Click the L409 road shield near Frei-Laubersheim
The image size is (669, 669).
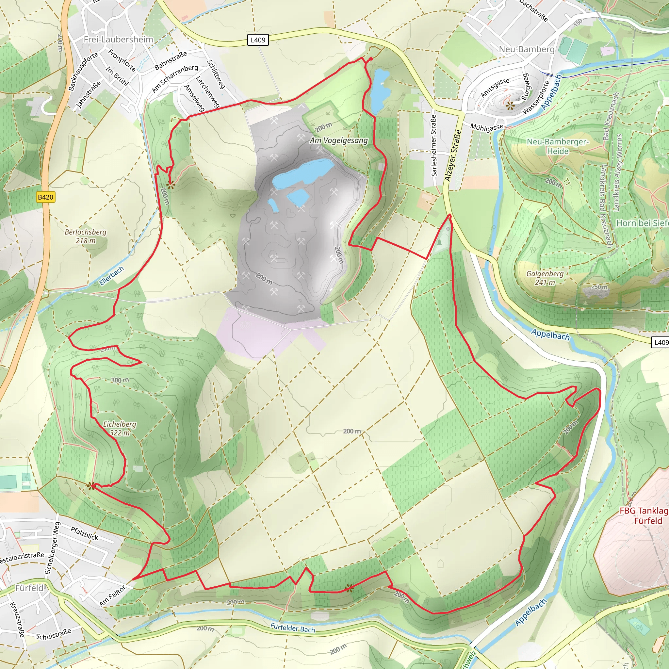(x=258, y=40)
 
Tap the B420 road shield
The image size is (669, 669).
(x=45, y=197)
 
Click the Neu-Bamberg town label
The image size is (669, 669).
(x=526, y=49)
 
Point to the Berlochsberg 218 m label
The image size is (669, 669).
(x=86, y=236)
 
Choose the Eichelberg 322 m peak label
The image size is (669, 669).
(x=120, y=428)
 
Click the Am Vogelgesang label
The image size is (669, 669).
(x=338, y=140)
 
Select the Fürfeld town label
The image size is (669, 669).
(x=29, y=588)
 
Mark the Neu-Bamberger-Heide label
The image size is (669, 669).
(x=557, y=146)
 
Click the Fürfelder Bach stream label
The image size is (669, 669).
(x=293, y=628)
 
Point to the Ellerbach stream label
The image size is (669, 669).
(x=111, y=276)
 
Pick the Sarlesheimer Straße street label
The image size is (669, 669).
(x=433, y=145)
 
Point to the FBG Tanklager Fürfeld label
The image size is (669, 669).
(x=644, y=515)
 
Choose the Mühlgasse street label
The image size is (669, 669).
(x=486, y=127)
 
